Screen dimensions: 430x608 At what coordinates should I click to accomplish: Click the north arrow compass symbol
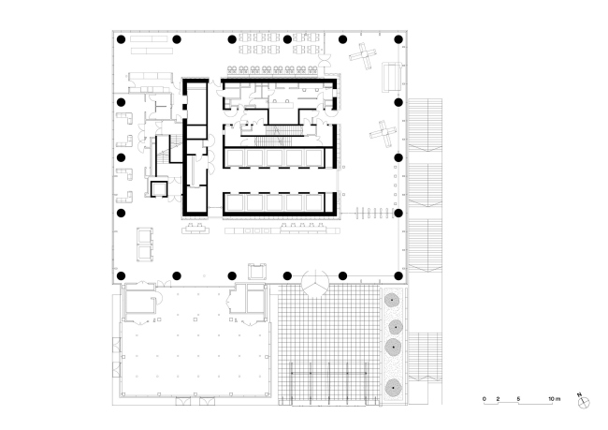tap(585, 401)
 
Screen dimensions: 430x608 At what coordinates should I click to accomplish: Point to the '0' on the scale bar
tap(485, 400)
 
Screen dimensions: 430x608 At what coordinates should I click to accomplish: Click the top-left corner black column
tap(121, 39)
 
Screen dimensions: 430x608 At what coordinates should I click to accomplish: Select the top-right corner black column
tap(398, 39)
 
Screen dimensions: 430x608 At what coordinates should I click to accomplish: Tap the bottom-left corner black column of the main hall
tap(121, 275)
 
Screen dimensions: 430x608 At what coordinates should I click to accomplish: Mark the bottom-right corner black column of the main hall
tap(398, 275)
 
